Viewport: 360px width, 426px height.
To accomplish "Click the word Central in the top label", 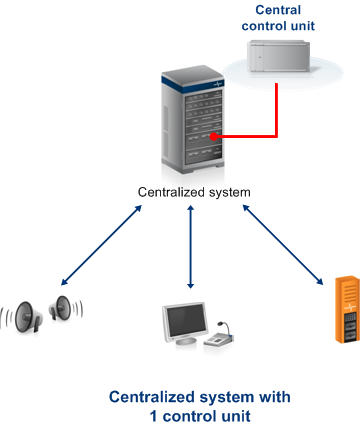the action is pos(278,10).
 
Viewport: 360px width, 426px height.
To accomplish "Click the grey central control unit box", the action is pos(280,56).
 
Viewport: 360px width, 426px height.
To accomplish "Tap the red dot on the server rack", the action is pos(214,136).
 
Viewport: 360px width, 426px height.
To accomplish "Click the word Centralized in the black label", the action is pos(171,192).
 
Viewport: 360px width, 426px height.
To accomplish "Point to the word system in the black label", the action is pos(229,193).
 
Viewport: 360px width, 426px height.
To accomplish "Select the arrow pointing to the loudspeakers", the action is pos(102,245).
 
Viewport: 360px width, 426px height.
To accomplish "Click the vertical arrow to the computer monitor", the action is pos(190,247).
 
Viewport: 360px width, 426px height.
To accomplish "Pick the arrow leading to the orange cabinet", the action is pos(283,245).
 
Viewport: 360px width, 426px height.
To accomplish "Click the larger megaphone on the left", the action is pos(28,317).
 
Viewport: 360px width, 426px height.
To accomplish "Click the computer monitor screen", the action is pos(186,322).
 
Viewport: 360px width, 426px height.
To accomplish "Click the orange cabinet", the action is pos(347,309).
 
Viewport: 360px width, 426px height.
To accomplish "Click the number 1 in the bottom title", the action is pos(154,416).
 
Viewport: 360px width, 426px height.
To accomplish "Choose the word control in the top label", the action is pos(264,26).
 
